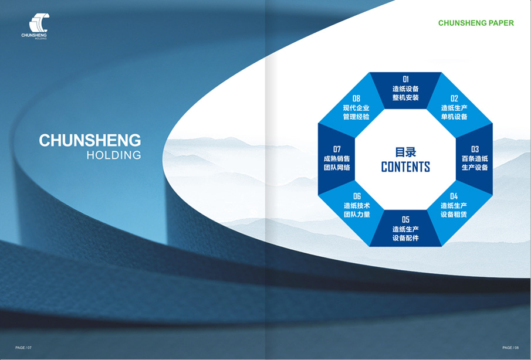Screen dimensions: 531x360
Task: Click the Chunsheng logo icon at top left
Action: (x=39, y=23)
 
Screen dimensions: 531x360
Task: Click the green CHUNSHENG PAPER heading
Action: (x=476, y=23)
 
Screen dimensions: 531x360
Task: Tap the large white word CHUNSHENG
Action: (x=90, y=140)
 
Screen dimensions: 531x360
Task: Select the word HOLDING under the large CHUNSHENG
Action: (x=114, y=155)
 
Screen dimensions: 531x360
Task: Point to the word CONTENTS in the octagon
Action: (x=405, y=167)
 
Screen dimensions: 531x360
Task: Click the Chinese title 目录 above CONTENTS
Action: (x=405, y=152)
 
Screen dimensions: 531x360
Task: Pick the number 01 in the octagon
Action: (x=405, y=79)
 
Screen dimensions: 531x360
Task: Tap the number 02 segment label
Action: (x=454, y=99)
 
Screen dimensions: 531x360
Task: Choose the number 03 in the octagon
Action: (x=475, y=149)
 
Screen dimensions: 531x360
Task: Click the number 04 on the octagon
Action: (x=454, y=196)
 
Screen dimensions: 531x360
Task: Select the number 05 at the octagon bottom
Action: (x=405, y=220)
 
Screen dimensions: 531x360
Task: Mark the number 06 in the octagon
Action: (x=357, y=196)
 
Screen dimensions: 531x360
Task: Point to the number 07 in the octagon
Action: (x=337, y=149)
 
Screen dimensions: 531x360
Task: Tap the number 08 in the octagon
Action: (x=356, y=99)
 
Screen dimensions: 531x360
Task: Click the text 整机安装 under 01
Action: (x=405, y=98)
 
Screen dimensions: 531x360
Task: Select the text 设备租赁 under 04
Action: (x=454, y=215)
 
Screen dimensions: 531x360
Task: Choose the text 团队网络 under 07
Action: (x=337, y=168)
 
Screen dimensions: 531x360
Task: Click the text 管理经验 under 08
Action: (x=356, y=117)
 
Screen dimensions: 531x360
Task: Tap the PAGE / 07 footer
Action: (x=23, y=348)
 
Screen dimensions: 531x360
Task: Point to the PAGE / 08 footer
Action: (x=510, y=348)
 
